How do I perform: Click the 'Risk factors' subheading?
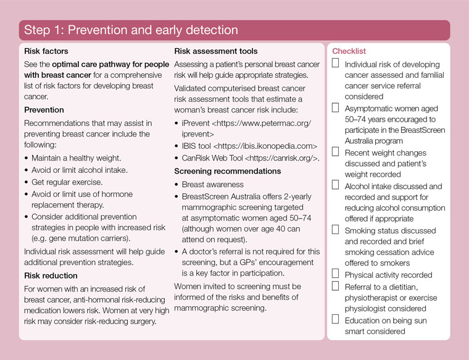point(46,51)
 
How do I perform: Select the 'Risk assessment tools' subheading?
point(216,51)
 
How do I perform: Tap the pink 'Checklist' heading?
point(349,51)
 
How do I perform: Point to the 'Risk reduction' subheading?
point(51,275)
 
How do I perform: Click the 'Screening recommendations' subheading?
point(228,171)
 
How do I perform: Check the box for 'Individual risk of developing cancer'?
point(336,64)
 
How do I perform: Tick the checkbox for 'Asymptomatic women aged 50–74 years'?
point(336,107)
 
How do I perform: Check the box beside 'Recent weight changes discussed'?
point(336,151)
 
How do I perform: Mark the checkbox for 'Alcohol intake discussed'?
point(336,185)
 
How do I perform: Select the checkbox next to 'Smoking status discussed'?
point(336,229)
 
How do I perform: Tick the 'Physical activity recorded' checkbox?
point(336,273)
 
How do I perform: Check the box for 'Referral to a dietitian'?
point(336,286)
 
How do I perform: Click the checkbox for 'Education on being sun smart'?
point(336,319)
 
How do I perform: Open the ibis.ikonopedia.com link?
point(265,146)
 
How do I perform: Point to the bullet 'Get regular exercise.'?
point(67,182)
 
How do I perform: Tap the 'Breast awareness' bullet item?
point(214,185)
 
